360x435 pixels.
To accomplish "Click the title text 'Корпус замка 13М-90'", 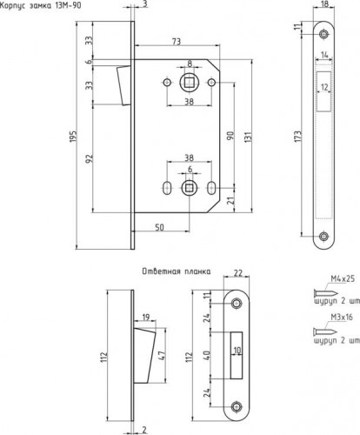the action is click(41, 5).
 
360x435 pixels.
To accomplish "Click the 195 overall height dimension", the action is click(73, 136).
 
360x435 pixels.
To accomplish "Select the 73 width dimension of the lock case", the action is click(177, 42).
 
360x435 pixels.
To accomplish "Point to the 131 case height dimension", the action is click(249, 136).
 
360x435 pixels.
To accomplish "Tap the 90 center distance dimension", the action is click(230, 136).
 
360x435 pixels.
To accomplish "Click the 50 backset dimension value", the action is click(159, 227).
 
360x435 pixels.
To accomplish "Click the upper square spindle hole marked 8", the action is click(190, 83).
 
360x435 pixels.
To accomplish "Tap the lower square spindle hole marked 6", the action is click(190, 188).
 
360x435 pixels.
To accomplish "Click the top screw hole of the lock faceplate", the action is click(323, 34).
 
